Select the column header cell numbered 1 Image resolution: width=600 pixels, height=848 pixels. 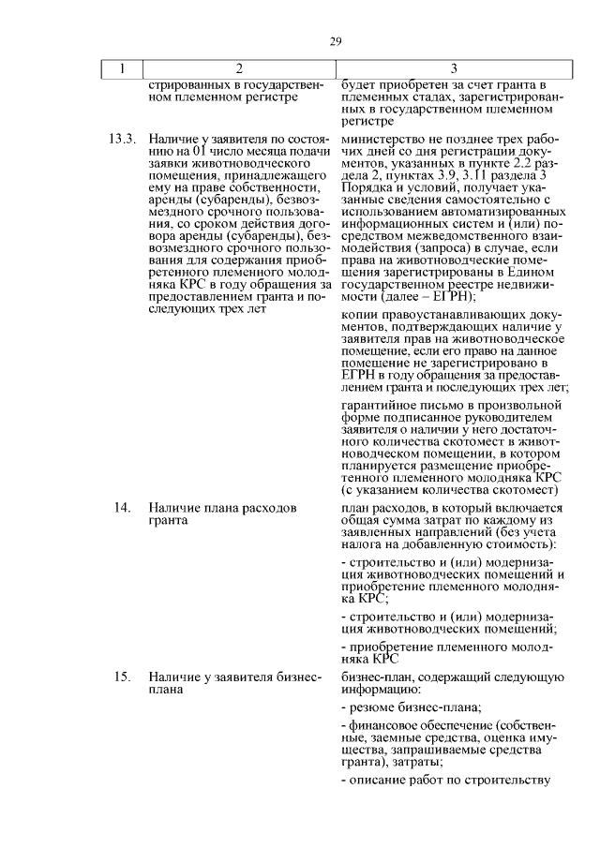point(121,68)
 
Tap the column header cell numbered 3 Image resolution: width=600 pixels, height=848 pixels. point(454,68)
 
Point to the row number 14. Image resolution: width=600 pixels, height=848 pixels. point(122,507)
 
